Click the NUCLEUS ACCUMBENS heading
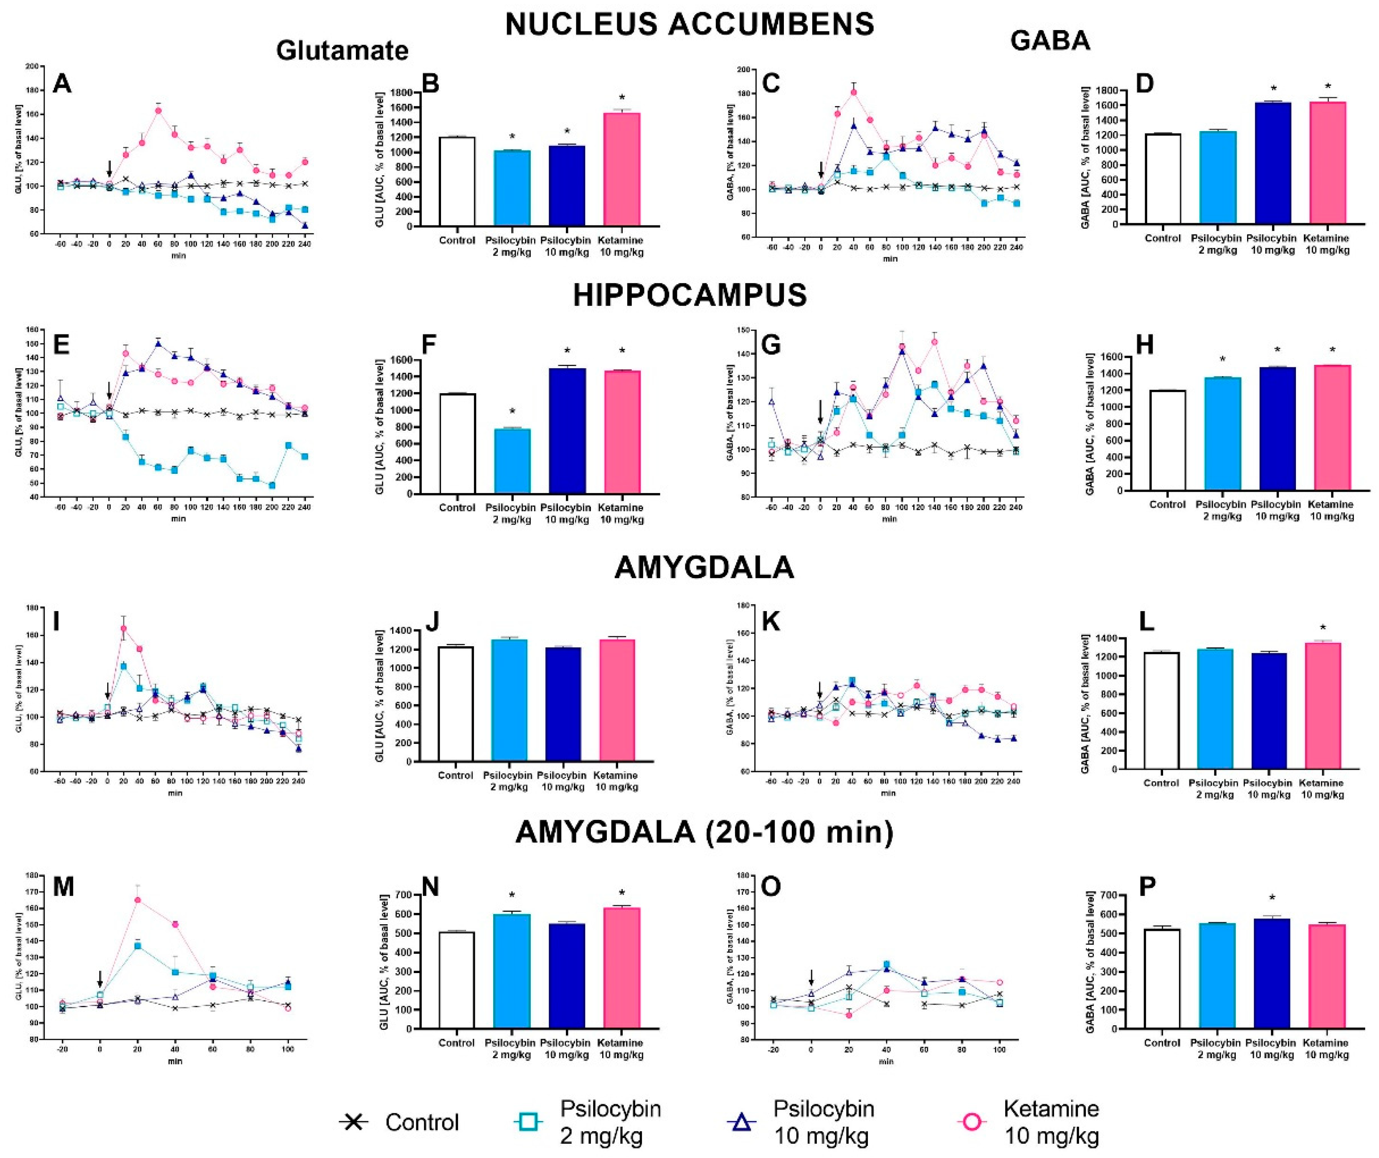pyautogui.click(x=689, y=24)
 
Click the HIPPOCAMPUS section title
pyautogui.click(x=689, y=296)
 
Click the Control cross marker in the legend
pyautogui.click(x=354, y=1122)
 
